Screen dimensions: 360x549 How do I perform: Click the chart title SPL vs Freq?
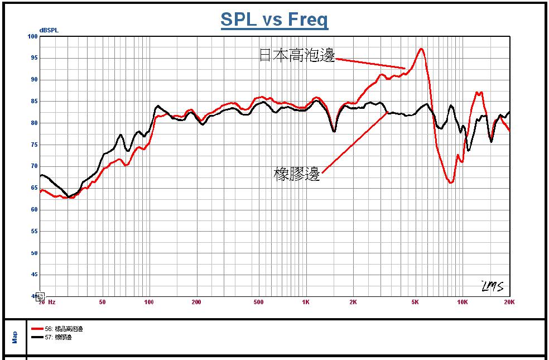tap(274, 20)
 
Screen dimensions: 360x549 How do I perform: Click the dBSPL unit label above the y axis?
tap(49, 30)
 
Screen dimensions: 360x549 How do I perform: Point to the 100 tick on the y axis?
tap(32, 37)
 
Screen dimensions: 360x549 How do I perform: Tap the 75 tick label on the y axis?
tap(33, 145)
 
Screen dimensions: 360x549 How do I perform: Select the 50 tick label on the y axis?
tap(33, 253)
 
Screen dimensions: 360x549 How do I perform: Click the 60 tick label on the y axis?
tap(33, 210)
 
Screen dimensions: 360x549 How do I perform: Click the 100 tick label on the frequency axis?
tap(148, 302)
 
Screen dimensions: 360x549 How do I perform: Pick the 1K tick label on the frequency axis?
tap(306, 302)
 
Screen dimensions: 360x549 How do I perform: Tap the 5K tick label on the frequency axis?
tap(415, 302)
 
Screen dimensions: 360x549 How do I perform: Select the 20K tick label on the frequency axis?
tap(509, 302)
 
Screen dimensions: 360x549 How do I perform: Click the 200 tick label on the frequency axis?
tap(196, 302)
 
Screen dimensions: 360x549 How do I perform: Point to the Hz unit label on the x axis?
tap(51, 302)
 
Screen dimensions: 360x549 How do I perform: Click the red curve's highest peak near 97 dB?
tap(421, 49)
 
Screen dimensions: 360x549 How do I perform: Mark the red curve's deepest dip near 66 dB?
tap(451, 182)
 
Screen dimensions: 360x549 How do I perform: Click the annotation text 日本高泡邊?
tap(297, 55)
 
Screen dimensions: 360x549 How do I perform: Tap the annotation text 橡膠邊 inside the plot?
tap(297, 174)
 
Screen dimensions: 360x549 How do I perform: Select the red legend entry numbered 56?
tap(58, 329)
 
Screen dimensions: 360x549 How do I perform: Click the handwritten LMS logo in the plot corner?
tap(492, 286)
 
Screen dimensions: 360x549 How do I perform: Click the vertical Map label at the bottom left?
tap(15, 337)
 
